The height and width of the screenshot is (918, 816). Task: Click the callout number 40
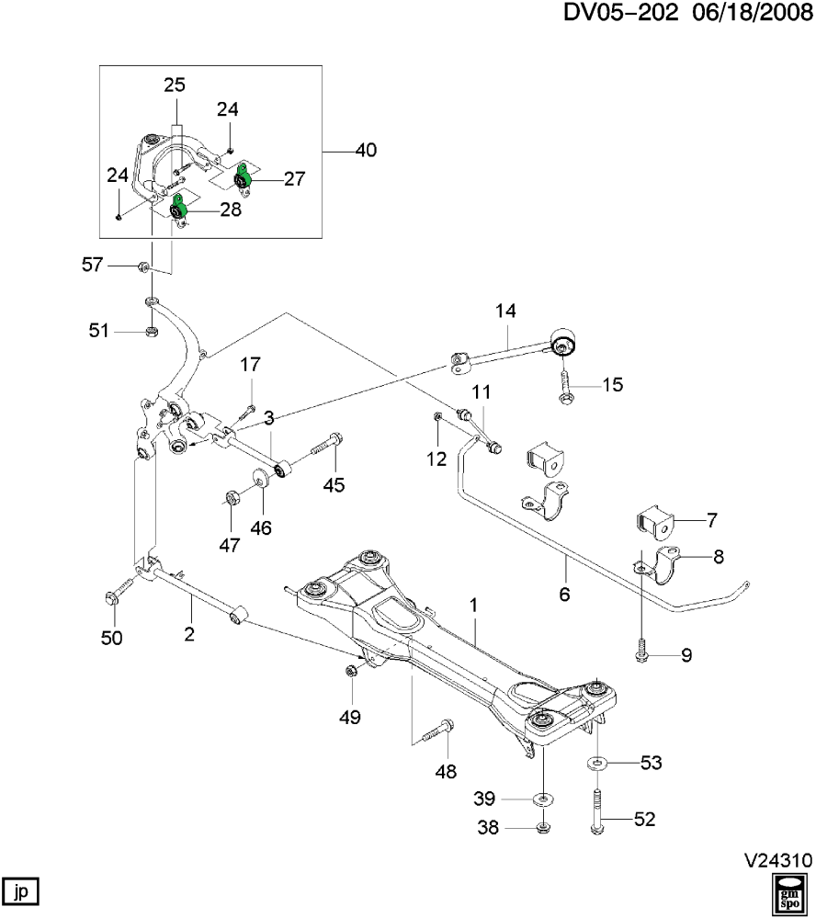pyautogui.click(x=365, y=151)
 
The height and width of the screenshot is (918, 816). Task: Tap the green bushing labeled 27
pyautogui.click(x=244, y=179)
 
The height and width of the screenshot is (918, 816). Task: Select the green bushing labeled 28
pyautogui.click(x=179, y=212)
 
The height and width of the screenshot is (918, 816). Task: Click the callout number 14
pyautogui.click(x=507, y=311)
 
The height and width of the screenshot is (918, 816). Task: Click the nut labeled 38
pyautogui.click(x=542, y=828)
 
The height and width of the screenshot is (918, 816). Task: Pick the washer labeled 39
pyautogui.click(x=543, y=796)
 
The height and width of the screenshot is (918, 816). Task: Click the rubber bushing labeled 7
pyautogui.click(x=655, y=521)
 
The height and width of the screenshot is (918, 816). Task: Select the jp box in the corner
pyautogui.click(x=23, y=890)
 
